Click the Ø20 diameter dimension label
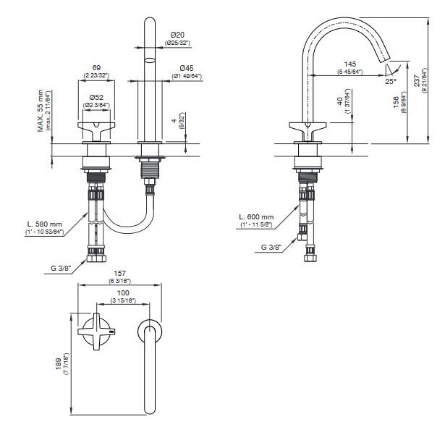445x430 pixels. click(179, 34)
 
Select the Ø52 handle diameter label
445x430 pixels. click(96, 98)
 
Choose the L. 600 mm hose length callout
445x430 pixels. click(258, 217)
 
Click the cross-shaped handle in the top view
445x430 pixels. click(96, 332)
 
